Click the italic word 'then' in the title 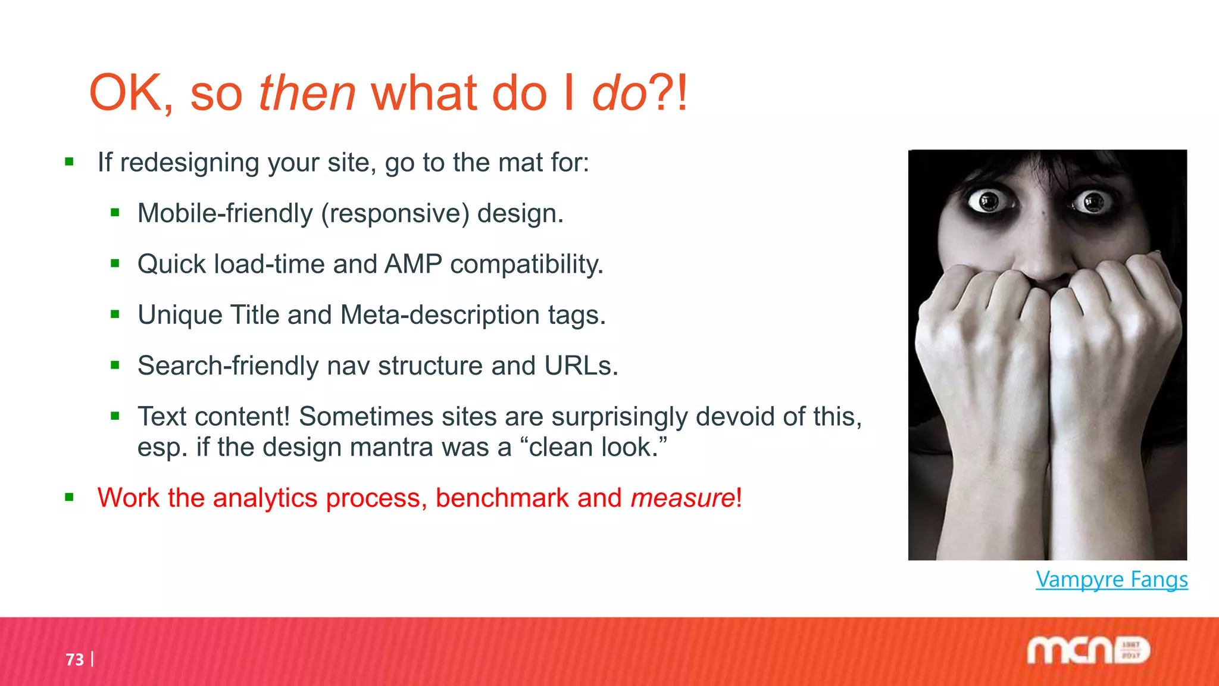[x=307, y=93]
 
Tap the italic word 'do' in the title [x=619, y=93]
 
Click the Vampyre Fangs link [x=1111, y=579]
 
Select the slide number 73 [x=75, y=660]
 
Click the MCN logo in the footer [x=1088, y=651]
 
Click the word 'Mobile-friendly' [x=225, y=213]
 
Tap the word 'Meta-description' [x=440, y=314]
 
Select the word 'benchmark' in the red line [x=502, y=498]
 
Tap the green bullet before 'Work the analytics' [x=70, y=497]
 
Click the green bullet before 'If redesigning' [x=70, y=161]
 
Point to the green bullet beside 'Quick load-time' [x=115, y=263]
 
